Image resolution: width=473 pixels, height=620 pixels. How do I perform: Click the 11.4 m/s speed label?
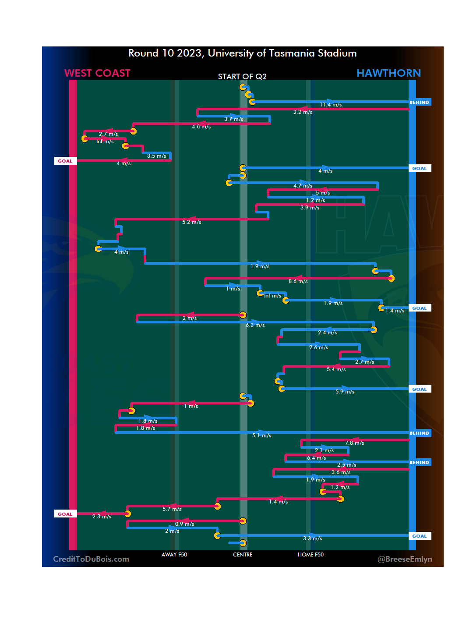[x=331, y=105]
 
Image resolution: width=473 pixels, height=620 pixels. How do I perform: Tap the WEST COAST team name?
[x=97, y=73]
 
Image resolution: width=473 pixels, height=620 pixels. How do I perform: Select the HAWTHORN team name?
[x=388, y=73]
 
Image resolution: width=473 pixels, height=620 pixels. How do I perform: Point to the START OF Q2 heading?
[x=242, y=77]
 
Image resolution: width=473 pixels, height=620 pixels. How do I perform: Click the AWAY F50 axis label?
[x=174, y=555]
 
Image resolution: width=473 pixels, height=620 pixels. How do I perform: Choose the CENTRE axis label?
[x=243, y=555]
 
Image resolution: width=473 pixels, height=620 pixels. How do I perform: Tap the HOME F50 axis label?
[x=311, y=555]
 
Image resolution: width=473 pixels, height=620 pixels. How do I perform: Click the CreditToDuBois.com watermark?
[x=91, y=559]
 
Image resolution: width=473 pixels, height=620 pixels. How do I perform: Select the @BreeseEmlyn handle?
[x=405, y=559]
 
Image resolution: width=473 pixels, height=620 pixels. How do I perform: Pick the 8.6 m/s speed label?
[x=298, y=281]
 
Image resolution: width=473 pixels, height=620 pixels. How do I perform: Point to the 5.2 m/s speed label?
[x=192, y=222]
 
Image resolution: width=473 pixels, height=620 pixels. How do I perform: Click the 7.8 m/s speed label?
[x=354, y=443]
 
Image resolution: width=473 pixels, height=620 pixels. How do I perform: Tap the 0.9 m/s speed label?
[x=184, y=524]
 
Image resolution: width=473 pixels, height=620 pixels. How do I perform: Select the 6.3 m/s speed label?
[x=255, y=325]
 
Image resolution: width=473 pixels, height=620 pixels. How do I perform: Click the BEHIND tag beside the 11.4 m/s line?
[x=419, y=102]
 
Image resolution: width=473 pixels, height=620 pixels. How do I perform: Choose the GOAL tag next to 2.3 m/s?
[x=65, y=514]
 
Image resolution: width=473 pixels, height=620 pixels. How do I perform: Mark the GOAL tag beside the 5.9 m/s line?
[x=419, y=389]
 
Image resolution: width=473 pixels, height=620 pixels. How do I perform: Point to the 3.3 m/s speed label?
[x=312, y=539]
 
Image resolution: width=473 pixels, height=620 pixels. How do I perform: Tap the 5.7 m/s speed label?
[x=172, y=509]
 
